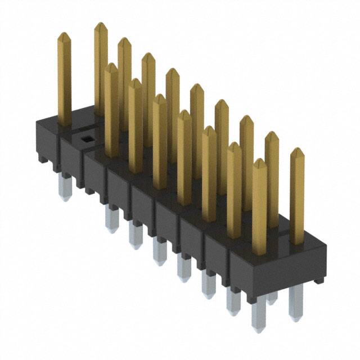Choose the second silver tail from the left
(111, 219)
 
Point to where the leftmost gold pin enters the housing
(64, 123)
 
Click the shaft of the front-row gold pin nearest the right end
(259, 208)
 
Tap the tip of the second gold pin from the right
(271, 137)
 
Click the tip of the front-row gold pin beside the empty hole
(111, 68)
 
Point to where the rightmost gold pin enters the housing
(296, 242)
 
